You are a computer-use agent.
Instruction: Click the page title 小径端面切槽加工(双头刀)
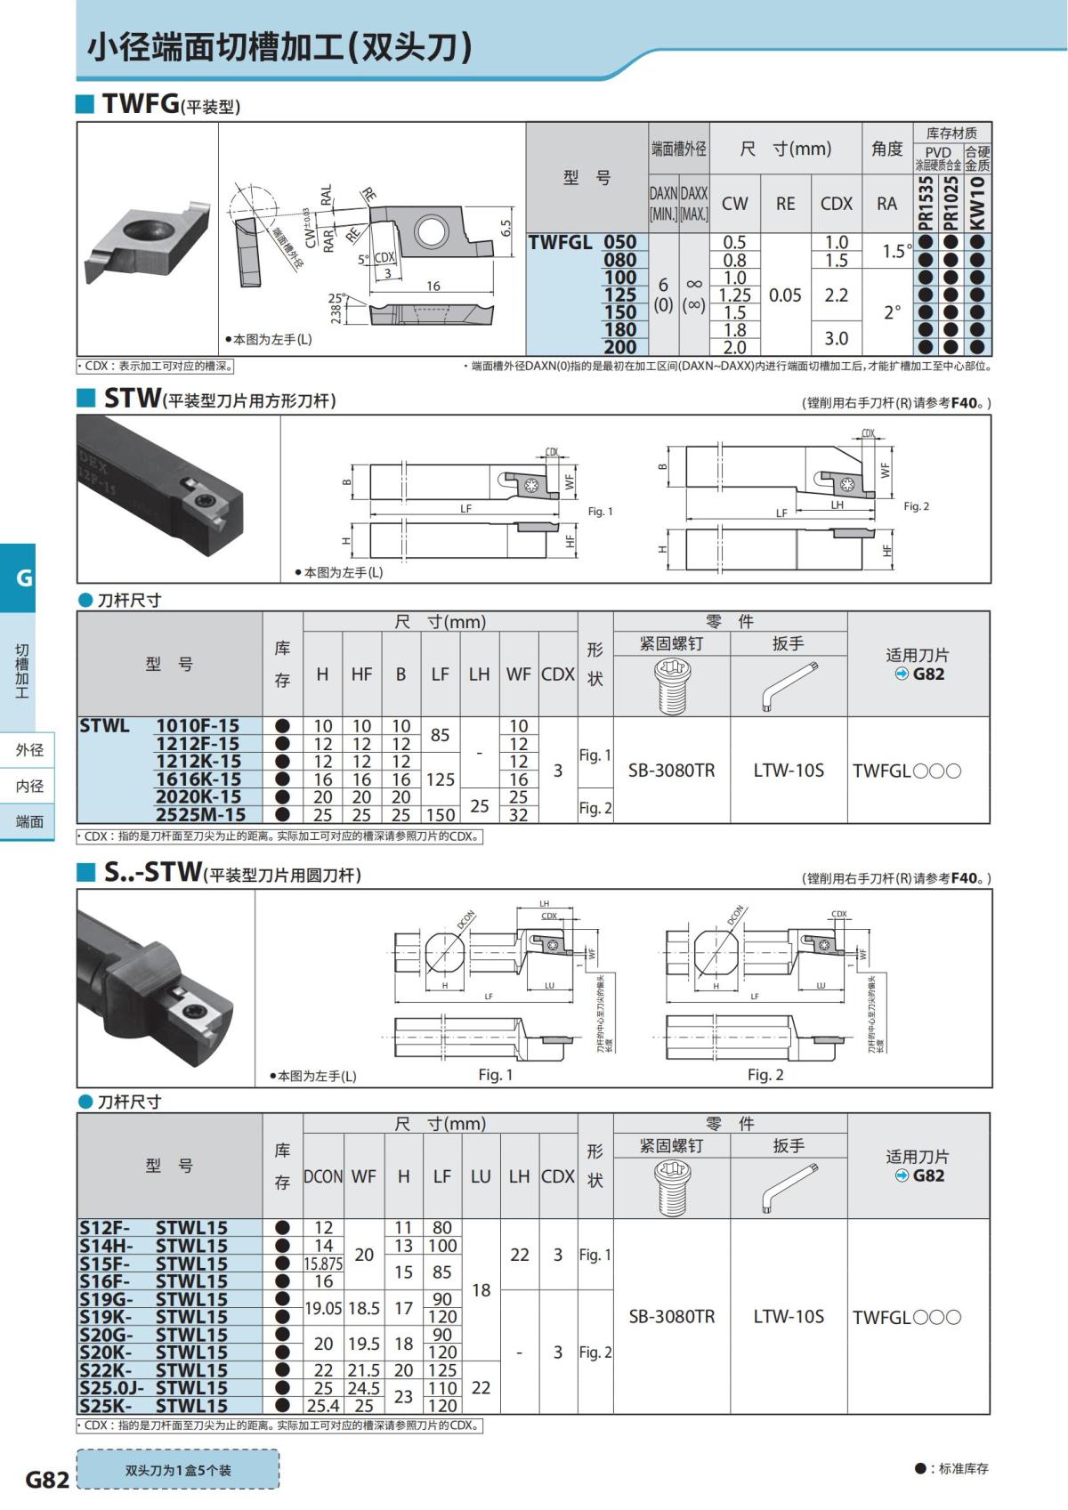tap(279, 46)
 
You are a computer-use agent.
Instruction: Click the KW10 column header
tap(978, 203)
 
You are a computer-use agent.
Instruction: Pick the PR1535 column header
tap(926, 203)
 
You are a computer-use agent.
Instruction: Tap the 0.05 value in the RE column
tap(785, 295)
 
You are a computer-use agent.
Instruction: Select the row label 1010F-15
tap(198, 726)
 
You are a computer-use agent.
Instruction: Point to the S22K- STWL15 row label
tap(153, 1370)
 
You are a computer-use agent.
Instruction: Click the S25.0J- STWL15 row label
tap(153, 1388)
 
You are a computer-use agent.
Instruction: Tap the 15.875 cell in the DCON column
tap(323, 1264)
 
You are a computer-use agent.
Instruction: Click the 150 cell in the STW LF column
tap(440, 814)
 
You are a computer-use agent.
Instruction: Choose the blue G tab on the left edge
tap(24, 577)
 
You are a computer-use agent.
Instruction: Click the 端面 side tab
tap(29, 821)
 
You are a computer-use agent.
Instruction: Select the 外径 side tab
tap(29, 750)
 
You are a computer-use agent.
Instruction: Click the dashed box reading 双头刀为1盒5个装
tap(178, 1470)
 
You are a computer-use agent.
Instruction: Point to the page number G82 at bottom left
tap(47, 1479)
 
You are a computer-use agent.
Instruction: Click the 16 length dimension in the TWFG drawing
tap(433, 286)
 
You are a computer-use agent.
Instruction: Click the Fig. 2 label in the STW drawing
tap(916, 506)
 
